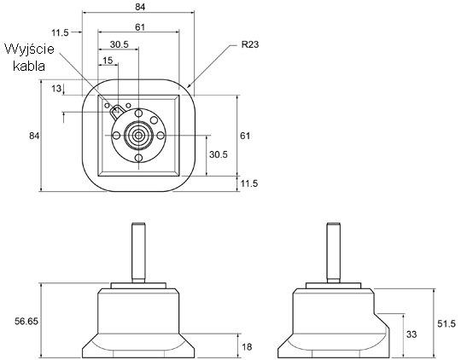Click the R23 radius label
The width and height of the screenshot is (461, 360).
tap(250, 44)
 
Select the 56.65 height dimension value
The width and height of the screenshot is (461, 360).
tap(26, 322)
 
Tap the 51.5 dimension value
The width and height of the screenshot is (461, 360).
tap(446, 323)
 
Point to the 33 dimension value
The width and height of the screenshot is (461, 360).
tap(411, 334)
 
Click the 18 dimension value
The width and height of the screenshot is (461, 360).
tap(247, 346)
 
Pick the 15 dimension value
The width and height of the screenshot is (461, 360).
tap(108, 61)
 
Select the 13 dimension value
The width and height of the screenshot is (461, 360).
tap(56, 88)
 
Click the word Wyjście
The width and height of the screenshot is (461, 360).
tap(29, 49)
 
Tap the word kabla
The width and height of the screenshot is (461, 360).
tap(29, 67)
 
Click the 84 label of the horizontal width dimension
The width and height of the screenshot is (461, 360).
tap(140, 7)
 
